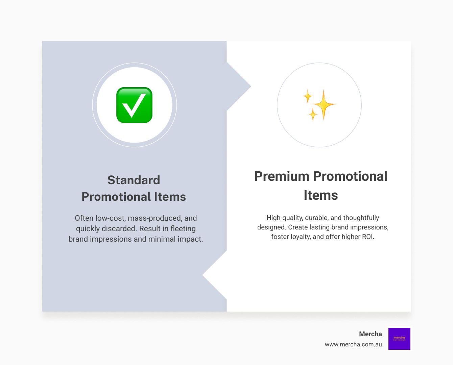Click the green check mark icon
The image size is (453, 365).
click(x=134, y=105)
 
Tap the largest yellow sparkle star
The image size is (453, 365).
click(x=324, y=104)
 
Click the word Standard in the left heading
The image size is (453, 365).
click(x=134, y=180)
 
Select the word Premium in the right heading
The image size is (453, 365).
click(x=282, y=176)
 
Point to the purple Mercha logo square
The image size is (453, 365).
click(x=399, y=339)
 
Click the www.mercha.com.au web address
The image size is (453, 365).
click(x=353, y=344)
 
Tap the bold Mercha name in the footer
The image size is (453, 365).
click(x=370, y=334)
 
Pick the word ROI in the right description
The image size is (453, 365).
click(x=367, y=237)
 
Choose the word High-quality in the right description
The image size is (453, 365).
click(x=284, y=218)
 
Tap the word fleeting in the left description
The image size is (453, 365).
click(x=183, y=229)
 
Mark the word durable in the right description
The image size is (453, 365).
click(x=316, y=218)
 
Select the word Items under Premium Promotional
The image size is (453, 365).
click(x=320, y=195)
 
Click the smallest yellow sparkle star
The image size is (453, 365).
click(x=313, y=115)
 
